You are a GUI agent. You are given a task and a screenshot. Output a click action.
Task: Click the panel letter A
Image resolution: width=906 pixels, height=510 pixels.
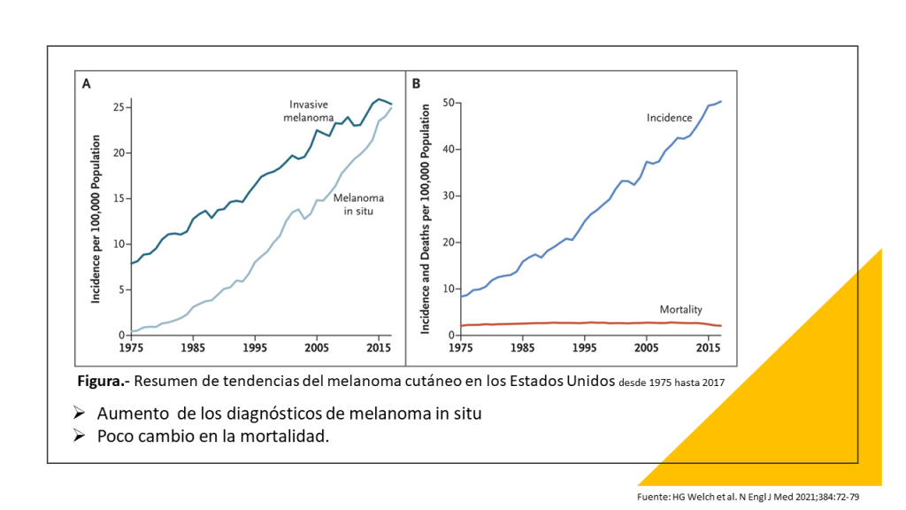(87, 84)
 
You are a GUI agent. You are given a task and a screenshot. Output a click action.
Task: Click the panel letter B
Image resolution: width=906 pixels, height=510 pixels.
(415, 84)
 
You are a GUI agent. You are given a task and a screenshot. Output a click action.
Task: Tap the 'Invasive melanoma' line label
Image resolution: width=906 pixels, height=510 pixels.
(309, 111)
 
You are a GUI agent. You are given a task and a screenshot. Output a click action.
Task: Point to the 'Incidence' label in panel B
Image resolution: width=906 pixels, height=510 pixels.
(669, 118)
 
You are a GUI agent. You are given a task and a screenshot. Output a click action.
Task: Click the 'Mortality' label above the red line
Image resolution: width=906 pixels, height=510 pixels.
(680, 310)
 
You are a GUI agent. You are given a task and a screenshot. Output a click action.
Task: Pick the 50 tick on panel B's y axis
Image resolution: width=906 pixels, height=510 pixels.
(448, 103)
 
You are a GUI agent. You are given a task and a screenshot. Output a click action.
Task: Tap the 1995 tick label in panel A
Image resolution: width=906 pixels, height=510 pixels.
(255, 347)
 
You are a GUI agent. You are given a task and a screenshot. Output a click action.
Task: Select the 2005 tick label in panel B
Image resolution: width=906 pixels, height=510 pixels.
(648, 347)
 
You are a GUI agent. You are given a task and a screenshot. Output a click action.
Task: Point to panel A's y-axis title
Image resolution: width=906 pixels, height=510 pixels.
(96, 219)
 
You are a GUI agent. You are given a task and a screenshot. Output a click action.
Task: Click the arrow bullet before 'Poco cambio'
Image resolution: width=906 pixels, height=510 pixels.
(80, 436)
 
